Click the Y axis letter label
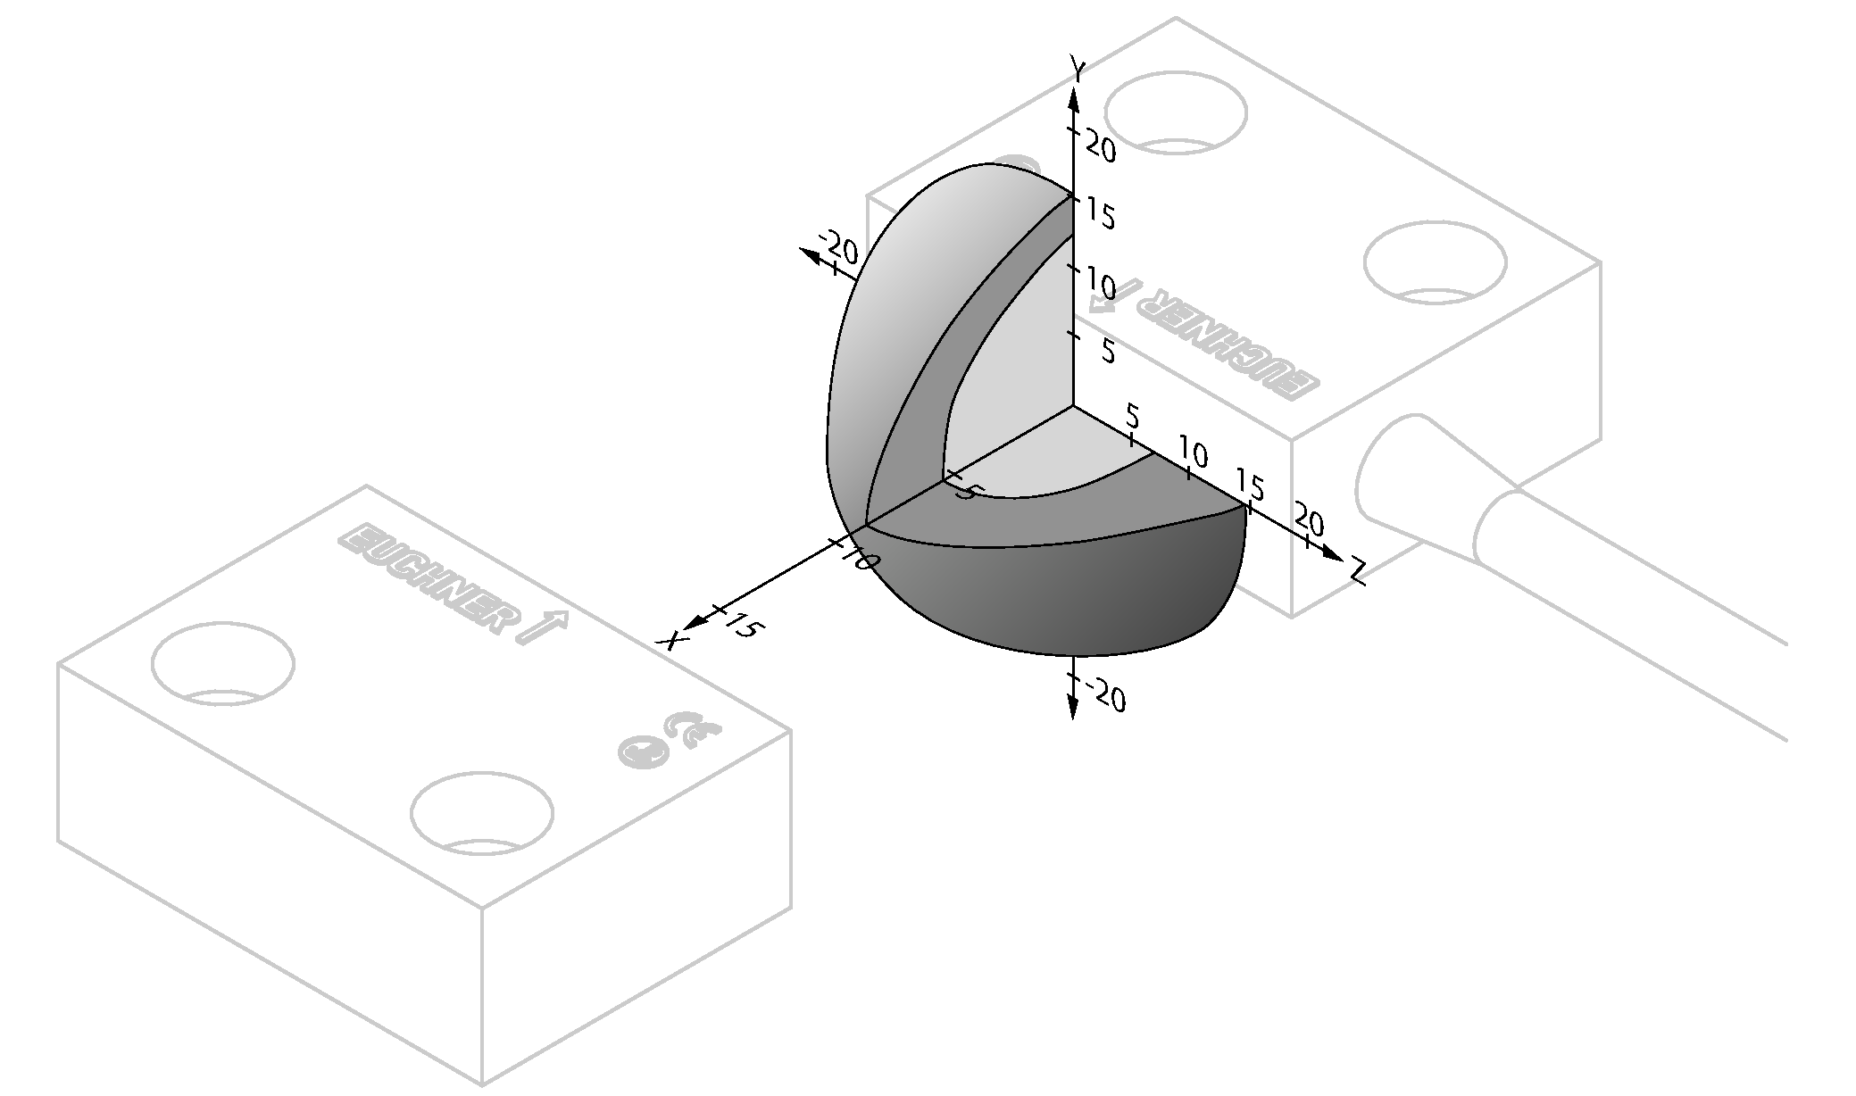coord(1078,69)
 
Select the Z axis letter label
coord(1359,571)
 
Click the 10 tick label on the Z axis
coord(1193,453)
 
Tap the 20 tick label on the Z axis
coord(1308,521)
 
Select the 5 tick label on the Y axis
coord(1108,351)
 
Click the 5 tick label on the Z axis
coord(1133,416)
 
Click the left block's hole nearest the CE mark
coord(481,813)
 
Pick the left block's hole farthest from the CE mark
coord(222,664)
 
